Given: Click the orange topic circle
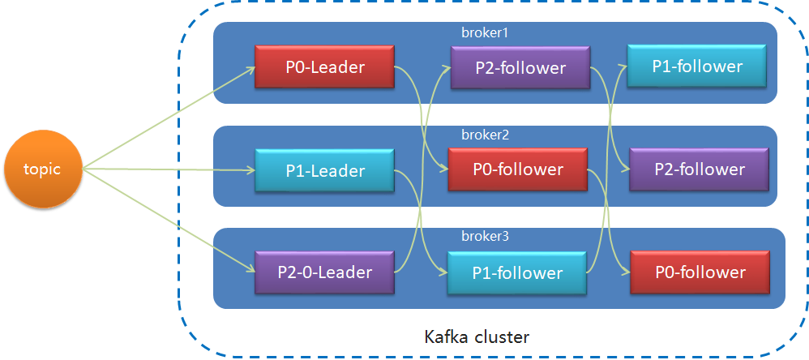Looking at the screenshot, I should pos(43,169).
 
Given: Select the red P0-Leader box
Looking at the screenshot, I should pos(324,66).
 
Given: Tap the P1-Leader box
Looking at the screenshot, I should pos(324,170).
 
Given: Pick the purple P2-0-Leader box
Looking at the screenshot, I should pos(324,272).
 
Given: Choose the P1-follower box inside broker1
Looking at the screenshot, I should pos(696,66).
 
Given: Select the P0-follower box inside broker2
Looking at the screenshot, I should pos(517,169).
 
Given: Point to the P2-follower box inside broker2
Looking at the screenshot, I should pos(699,169).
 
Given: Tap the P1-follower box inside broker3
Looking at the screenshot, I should pos(517,272).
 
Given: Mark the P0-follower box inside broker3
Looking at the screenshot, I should pos(699,272).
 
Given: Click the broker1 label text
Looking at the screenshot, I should pos(484,32).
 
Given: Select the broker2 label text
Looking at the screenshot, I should pos(484,135).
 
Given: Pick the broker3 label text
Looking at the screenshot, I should pos(484,237).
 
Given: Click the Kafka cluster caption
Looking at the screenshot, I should pos(477,336).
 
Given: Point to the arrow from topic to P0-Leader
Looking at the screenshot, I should pos(170,117).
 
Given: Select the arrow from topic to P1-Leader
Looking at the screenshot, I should pos(170,169).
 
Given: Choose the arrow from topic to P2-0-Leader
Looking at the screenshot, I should pos(170,220).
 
